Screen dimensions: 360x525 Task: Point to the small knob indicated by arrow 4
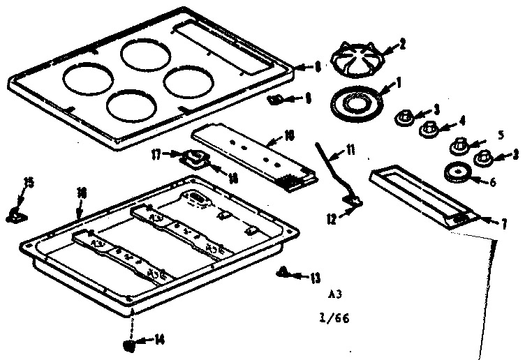(x=427, y=129)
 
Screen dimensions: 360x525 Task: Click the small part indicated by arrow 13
(x=283, y=271)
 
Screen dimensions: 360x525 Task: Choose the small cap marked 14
(x=128, y=344)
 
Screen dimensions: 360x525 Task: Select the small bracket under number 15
(x=15, y=214)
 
